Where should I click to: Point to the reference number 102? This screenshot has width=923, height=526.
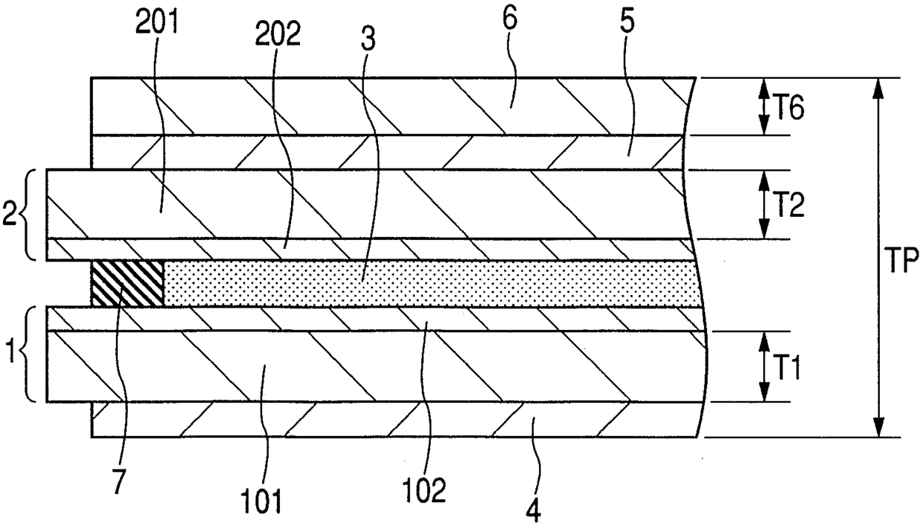tap(425, 489)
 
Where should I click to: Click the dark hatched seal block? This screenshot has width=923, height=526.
tap(127, 283)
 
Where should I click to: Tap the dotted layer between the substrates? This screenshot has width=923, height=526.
tap(432, 283)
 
